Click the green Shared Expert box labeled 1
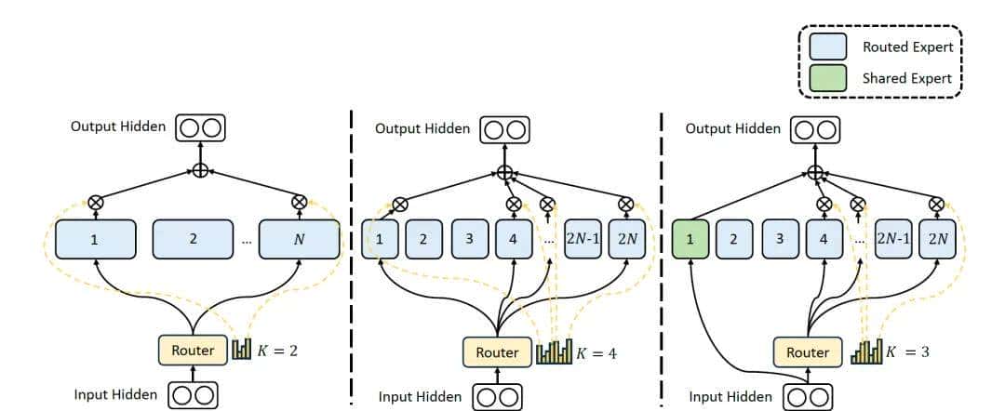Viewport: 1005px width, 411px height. (690, 239)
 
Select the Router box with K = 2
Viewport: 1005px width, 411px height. (193, 351)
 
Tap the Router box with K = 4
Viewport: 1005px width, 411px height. (497, 352)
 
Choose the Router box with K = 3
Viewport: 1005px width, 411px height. (807, 352)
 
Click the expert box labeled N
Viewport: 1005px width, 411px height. (299, 239)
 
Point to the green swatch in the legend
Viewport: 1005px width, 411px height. (828, 78)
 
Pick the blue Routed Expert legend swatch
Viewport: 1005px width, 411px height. (828, 46)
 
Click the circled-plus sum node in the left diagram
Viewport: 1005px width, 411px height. (199, 170)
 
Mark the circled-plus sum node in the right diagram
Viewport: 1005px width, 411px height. (815, 171)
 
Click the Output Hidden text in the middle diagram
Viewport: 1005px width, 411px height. (422, 128)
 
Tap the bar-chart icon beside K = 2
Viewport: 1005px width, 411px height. (242, 351)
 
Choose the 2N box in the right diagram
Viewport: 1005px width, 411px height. (936, 239)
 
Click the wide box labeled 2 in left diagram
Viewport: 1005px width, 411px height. (193, 239)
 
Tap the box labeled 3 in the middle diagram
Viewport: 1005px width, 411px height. (469, 239)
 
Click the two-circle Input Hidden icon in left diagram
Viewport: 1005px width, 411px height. (194, 394)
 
